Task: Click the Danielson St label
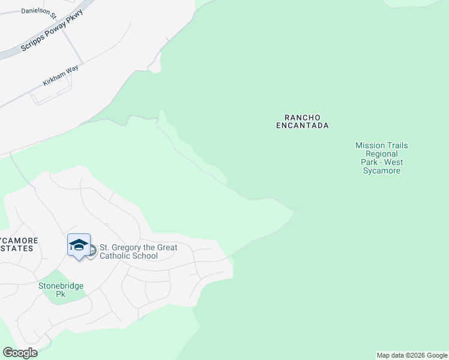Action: pyautogui.click(x=38, y=11)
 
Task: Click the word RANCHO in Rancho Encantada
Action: pyautogui.click(x=303, y=117)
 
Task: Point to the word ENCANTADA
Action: pyautogui.click(x=303, y=126)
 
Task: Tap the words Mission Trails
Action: pyautogui.click(x=381, y=145)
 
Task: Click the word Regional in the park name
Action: pyautogui.click(x=381, y=154)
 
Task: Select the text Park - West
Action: pyautogui.click(x=381, y=163)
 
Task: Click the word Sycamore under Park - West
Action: pyautogui.click(x=381, y=171)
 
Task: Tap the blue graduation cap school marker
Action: pyautogui.click(x=79, y=245)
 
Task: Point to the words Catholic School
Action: pyautogui.click(x=128, y=256)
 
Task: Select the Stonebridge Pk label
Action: pyautogui.click(x=61, y=290)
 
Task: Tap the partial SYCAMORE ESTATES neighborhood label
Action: pyautogui.click(x=18, y=244)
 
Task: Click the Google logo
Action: pyautogui.click(x=20, y=353)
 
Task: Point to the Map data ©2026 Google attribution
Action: pyautogui.click(x=412, y=355)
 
